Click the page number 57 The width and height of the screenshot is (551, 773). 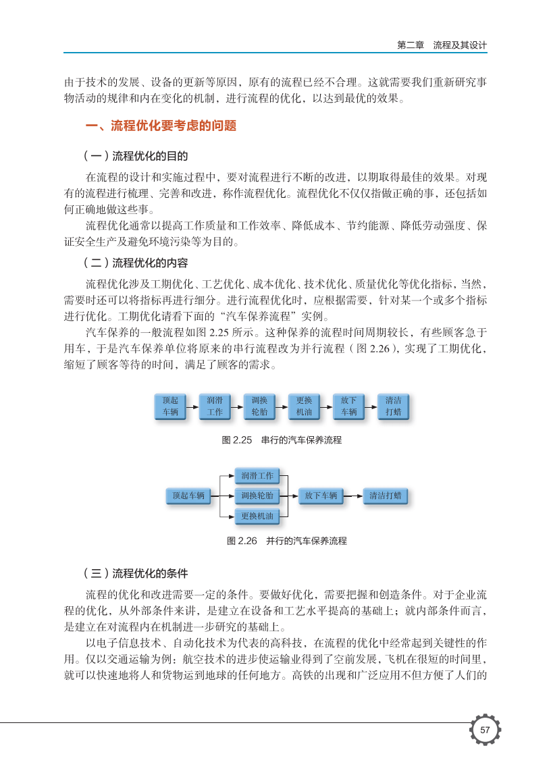(485, 730)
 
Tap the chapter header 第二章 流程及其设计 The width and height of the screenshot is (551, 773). (442, 45)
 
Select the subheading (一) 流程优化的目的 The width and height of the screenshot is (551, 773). (134, 156)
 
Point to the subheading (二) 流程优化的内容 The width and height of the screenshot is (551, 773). (134, 263)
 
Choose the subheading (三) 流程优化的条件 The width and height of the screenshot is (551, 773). (134, 574)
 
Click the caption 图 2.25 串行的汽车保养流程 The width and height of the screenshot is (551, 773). (282, 440)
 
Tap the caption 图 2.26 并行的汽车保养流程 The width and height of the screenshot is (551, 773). (287, 541)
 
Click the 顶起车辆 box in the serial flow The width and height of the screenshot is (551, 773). (170, 406)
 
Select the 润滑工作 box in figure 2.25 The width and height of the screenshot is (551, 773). (215, 406)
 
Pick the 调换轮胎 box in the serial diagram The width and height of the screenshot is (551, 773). (259, 406)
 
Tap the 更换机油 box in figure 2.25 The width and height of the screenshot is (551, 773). (304, 406)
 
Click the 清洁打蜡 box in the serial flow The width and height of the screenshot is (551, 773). (393, 406)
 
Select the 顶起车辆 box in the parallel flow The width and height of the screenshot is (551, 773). (188, 496)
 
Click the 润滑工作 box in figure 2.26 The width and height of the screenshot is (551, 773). (257, 476)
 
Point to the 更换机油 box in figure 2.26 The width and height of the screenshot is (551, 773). (257, 516)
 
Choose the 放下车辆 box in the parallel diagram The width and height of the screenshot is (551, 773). (321, 496)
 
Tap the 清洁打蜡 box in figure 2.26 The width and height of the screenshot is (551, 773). (386, 496)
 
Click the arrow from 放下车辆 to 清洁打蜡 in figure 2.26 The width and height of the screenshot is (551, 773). (352, 496)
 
